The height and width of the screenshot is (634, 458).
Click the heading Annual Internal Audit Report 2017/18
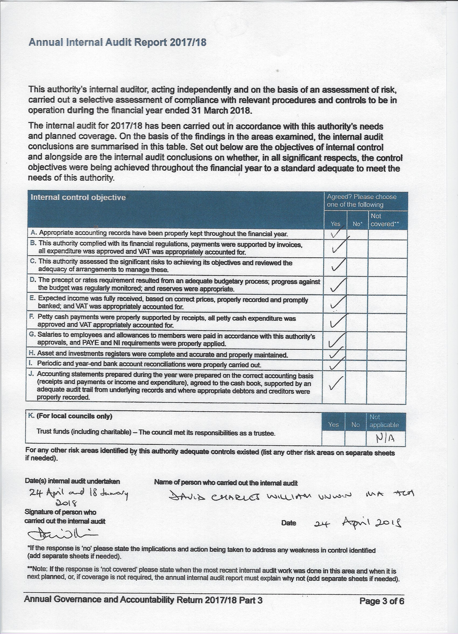click(x=117, y=42)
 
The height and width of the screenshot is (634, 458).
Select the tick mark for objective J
click(x=336, y=383)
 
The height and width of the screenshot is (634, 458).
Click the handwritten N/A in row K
click(x=385, y=439)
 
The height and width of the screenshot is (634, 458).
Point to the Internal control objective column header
click(x=78, y=197)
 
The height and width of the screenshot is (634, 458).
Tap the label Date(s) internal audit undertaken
click(x=72, y=481)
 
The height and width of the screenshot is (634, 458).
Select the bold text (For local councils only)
click(x=74, y=416)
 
